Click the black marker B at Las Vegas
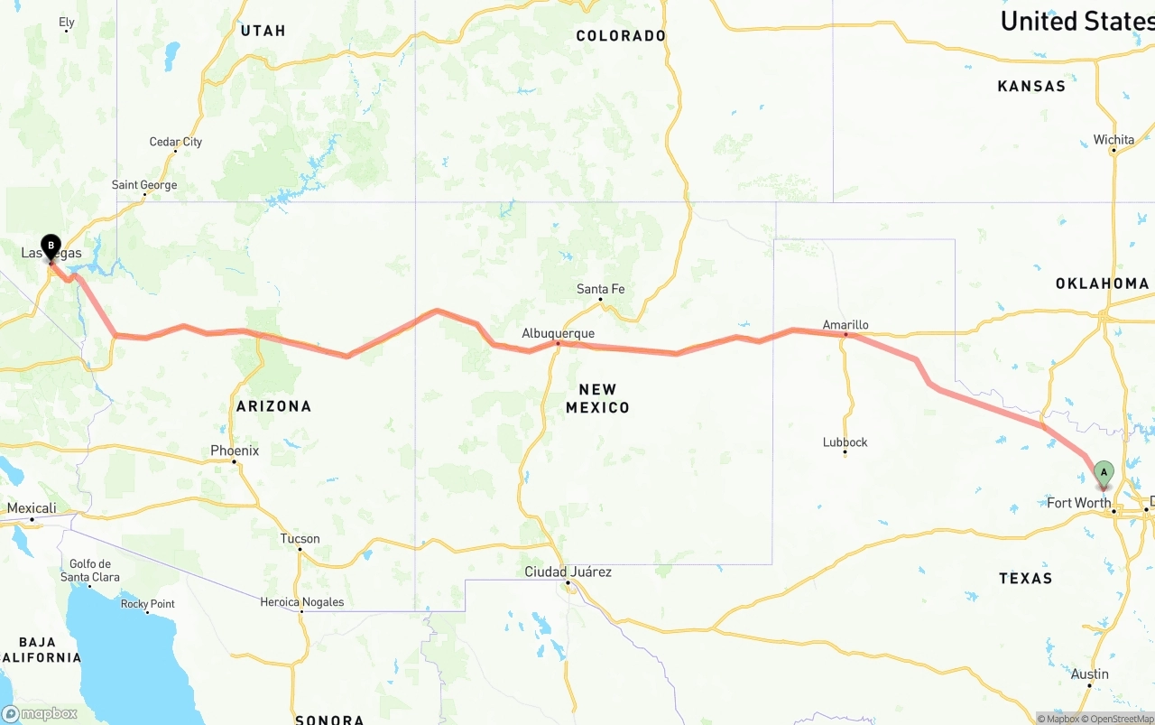(x=51, y=246)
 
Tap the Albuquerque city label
(x=558, y=333)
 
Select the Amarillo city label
(x=845, y=324)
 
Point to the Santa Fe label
(x=600, y=289)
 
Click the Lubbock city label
(x=845, y=442)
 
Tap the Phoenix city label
(x=235, y=451)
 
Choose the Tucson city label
(x=300, y=538)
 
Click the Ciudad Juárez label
(x=568, y=572)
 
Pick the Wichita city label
(x=1113, y=139)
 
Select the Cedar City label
(x=175, y=142)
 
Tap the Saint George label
(x=144, y=185)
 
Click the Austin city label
(x=1090, y=674)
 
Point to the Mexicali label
(x=32, y=508)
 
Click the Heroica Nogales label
(x=301, y=602)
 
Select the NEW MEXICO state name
(x=597, y=398)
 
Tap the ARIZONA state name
(x=273, y=406)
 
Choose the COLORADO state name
(x=621, y=36)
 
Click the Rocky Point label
(x=148, y=604)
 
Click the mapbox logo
(x=40, y=713)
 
